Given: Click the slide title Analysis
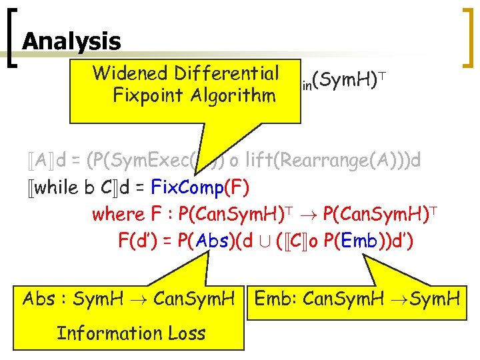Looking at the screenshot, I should click(x=71, y=42).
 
